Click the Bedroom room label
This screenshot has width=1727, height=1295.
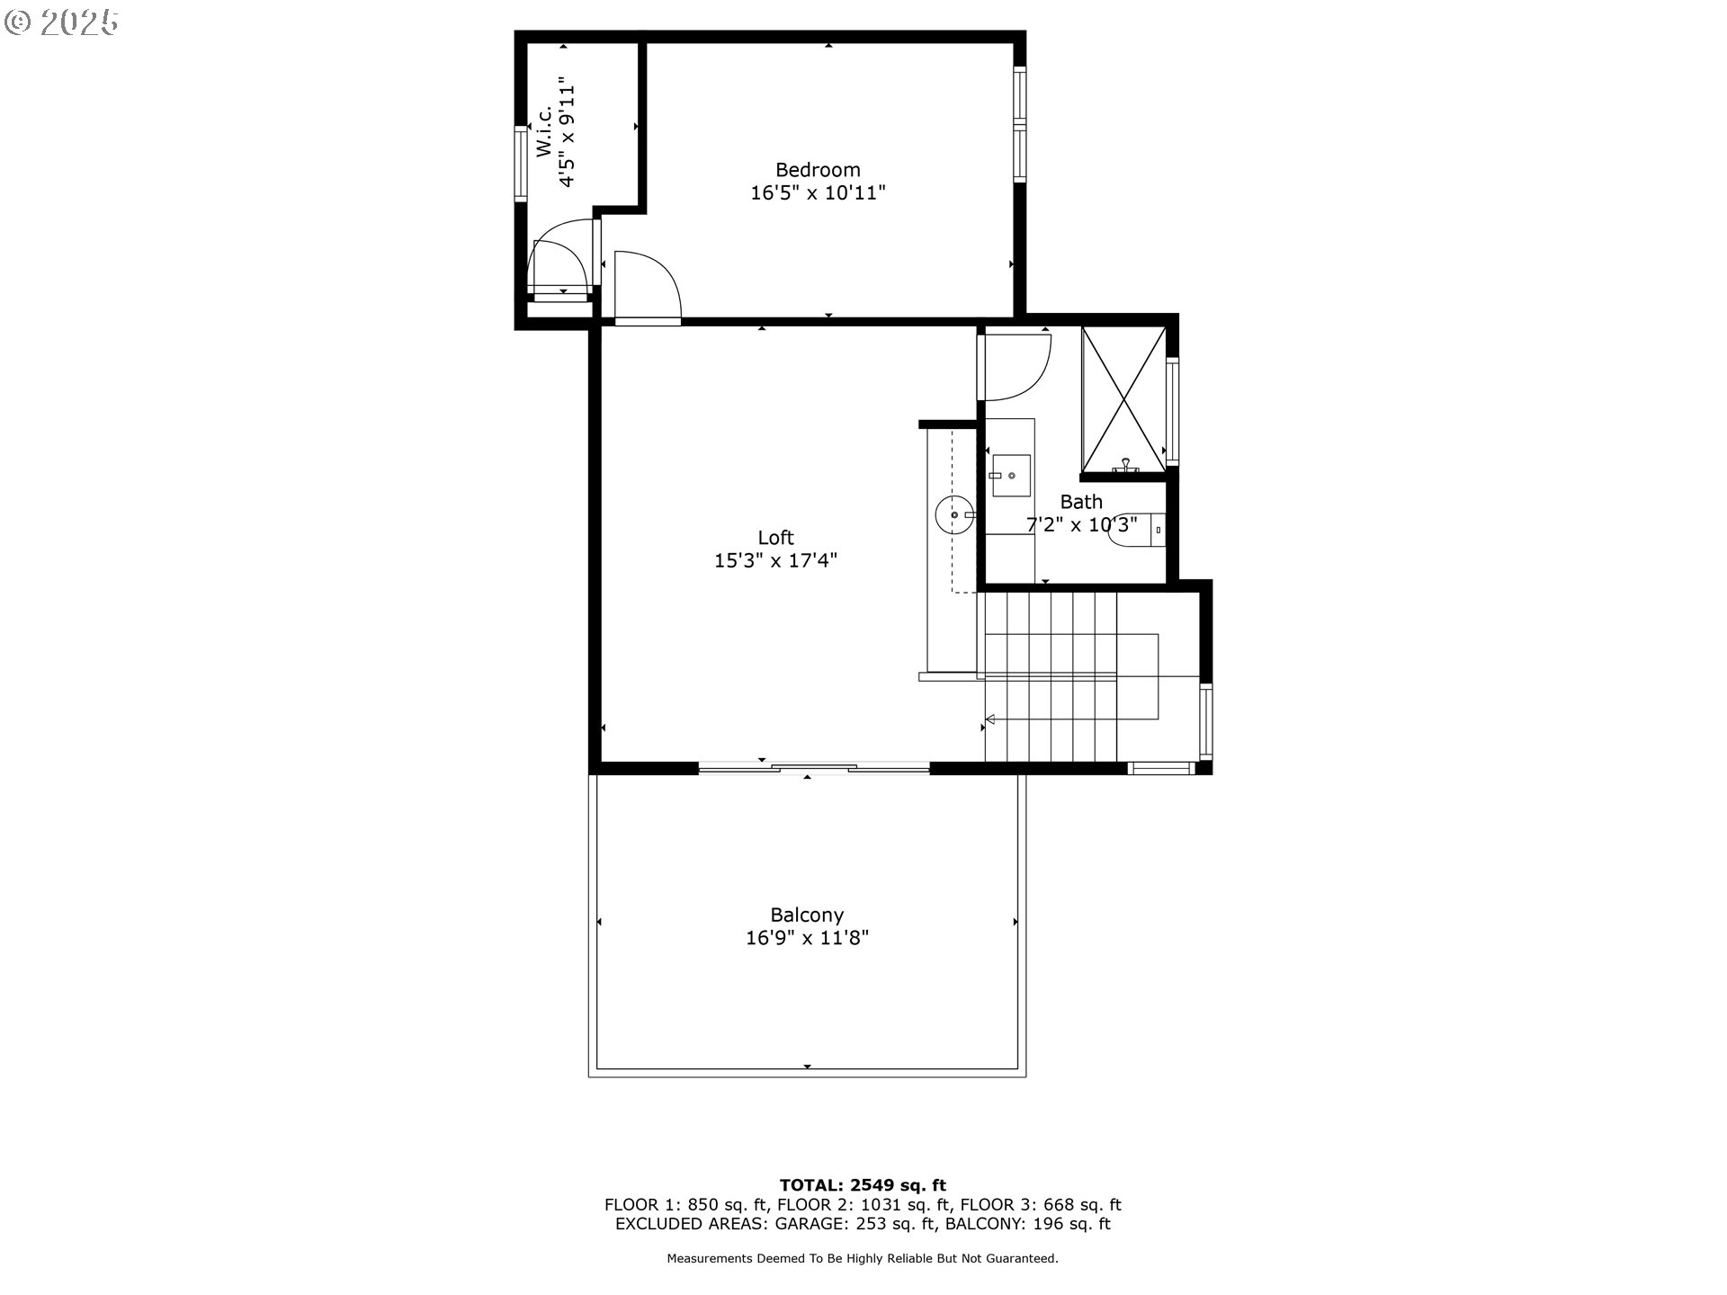818,170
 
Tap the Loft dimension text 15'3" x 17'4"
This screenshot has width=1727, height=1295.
775,560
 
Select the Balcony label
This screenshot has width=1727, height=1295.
807,915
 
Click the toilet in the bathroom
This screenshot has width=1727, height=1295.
1135,531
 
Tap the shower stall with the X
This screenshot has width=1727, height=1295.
1123,398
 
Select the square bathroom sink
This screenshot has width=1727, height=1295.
1010,476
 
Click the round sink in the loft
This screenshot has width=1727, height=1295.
953,516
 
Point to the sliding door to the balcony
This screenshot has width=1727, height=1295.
813,767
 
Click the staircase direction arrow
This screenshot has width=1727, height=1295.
991,719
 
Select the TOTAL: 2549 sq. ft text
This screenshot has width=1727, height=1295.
862,1185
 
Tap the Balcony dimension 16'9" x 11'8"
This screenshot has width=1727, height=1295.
807,939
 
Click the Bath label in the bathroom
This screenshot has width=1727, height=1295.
1080,502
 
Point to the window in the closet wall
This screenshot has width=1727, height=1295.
520,163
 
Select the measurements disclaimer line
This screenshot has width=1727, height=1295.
862,1259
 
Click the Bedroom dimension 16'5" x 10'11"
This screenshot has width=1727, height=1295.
818,192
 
